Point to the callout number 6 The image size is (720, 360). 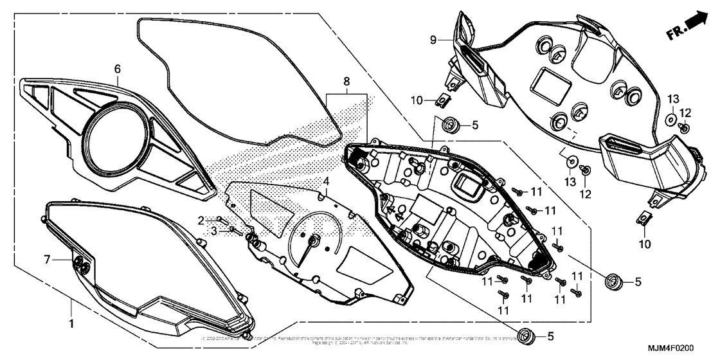[118, 68]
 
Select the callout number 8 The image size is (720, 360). [346, 82]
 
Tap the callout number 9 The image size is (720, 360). [433, 40]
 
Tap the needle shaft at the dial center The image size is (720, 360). [314, 240]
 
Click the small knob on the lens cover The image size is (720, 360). [82, 264]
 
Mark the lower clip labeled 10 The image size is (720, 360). [645, 219]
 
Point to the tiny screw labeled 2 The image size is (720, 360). [219, 219]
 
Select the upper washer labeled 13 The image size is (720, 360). [670, 119]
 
